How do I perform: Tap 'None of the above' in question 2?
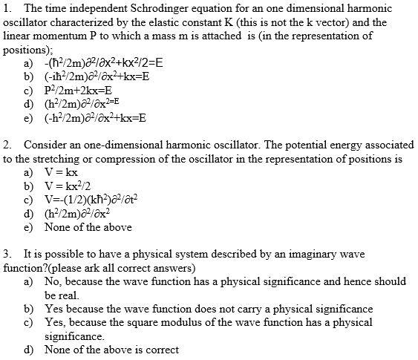(88, 227)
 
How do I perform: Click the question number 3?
(7, 255)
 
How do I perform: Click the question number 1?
(7, 8)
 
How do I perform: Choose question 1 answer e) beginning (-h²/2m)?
(95, 117)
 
